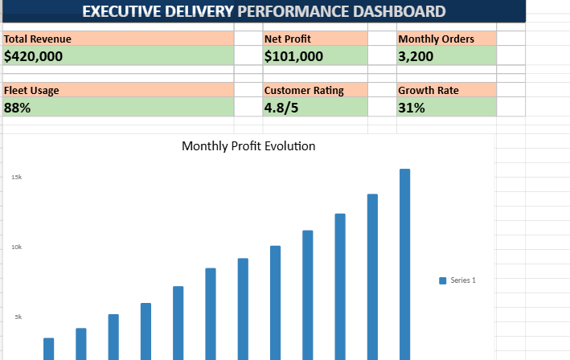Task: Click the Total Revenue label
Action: coord(38,39)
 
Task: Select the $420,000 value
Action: coord(33,56)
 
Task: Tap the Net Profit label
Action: coord(288,39)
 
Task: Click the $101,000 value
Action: coord(293,56)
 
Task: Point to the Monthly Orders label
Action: coord(436,39)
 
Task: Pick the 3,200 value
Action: coord(416,56)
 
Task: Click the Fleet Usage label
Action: coord(31,91)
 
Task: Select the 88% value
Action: coord(17,108)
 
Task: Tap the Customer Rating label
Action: coord(304,91)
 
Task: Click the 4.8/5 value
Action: coord(281,108)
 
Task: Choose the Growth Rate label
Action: coord(429,91)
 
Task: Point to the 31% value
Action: coord(411,108)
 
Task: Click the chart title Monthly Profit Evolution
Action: coord(248,146)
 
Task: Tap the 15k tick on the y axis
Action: coord(16,178)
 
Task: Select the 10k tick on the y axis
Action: coord(16,247)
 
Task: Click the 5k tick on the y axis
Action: coord(18,317)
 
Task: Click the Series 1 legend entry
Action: coord(457,280)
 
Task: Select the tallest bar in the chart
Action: coord(404,264)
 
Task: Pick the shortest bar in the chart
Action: coord(49,349)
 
